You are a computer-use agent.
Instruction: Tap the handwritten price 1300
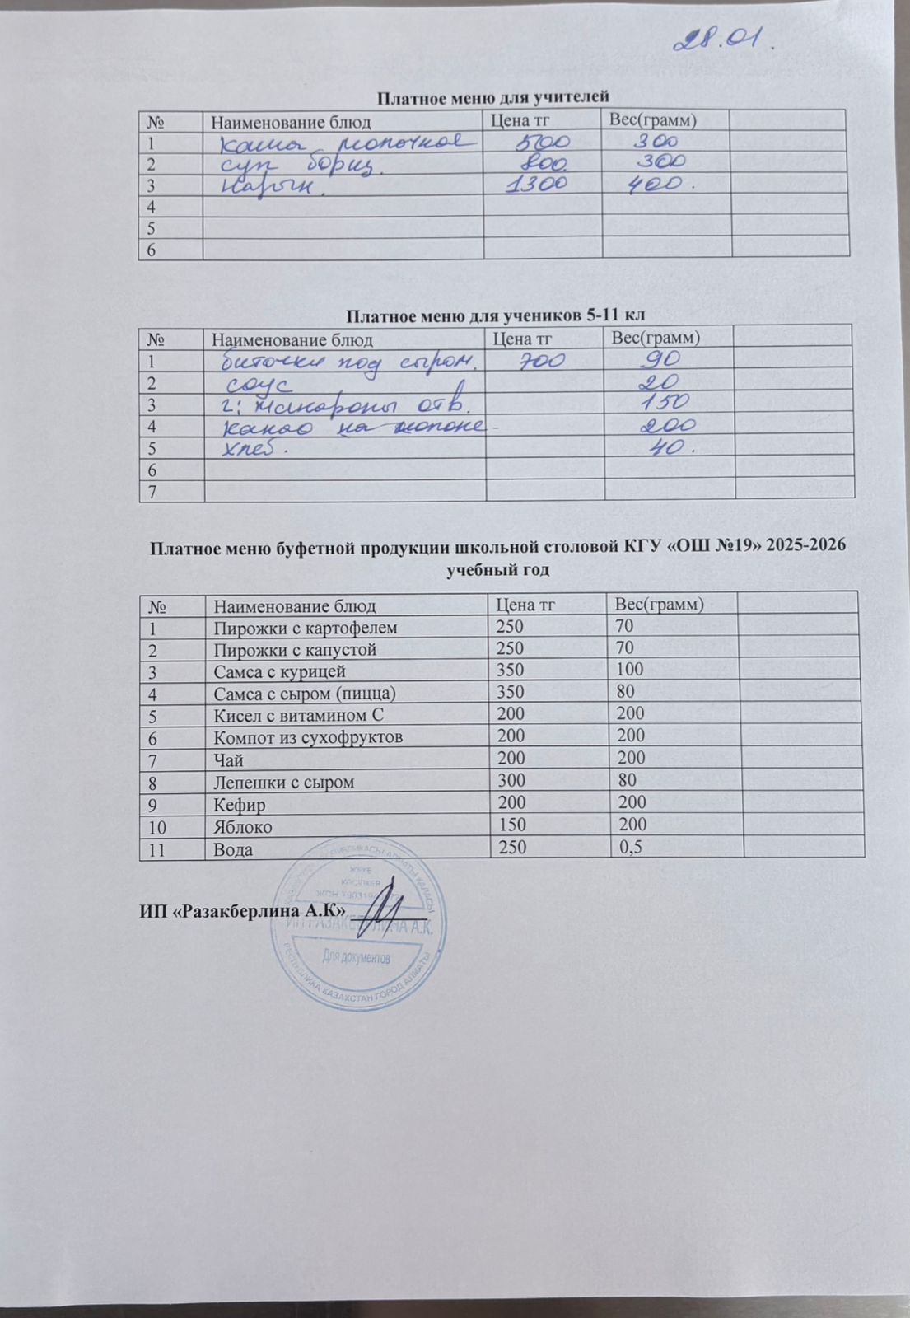pyautogui.click(x=539, y=184)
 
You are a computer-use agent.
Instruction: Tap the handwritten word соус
pyautogui.click(x=254, y=384)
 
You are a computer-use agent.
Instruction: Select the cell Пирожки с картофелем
pyautogui.click(x=306, y=628)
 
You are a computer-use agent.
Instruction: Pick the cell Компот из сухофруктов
pyautogui.click(x=308, y=736)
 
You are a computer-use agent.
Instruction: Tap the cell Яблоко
pyautogui.click(x=243, y=825)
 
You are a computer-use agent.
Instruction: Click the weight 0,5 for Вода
pyautogui.click(x=631, y=848)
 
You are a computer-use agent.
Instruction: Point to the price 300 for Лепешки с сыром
pyautogui.click(x=509, y=780)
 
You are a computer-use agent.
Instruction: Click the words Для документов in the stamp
pyautogui.click(x=357, y=957)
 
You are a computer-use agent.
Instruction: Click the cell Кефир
pyautogui.click(x=240, y=803)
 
